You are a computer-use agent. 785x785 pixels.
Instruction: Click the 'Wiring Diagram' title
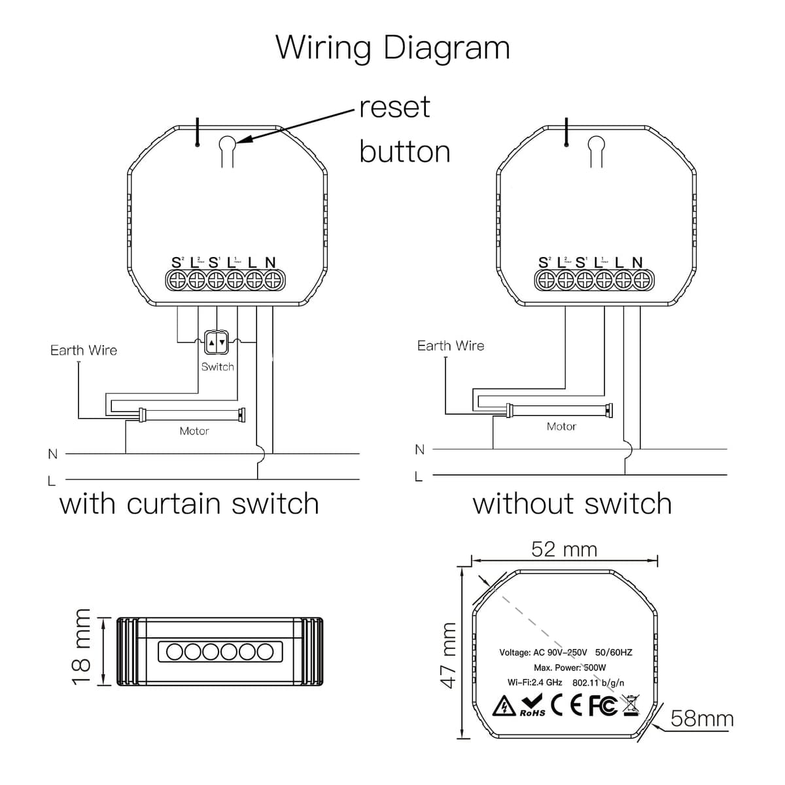(392, 47)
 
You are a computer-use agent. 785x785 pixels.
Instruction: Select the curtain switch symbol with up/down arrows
(217, 341)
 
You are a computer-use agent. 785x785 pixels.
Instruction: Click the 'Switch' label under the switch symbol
(217, 367)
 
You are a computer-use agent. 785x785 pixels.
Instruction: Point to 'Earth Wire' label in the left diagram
(84, 351)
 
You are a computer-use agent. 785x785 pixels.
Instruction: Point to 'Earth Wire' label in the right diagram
(451, 346)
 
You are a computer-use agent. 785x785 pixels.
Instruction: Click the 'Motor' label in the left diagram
(194, 431)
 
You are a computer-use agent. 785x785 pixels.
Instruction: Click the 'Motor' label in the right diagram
(561, 427)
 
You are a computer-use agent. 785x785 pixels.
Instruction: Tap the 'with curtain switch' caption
(189, 504)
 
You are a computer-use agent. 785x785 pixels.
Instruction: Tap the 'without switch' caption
(572, 504)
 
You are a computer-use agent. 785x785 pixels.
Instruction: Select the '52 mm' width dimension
(564, 549)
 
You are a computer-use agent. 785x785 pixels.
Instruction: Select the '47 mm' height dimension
(448, 655)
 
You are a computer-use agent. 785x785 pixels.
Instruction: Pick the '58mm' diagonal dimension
(702, 719)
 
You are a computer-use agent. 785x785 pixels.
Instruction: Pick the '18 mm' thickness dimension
(82, 646)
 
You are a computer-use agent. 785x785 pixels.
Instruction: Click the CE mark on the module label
(566, 706)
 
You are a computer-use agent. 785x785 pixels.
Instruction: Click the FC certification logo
(602, 706)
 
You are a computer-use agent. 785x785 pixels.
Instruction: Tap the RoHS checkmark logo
(532, 706)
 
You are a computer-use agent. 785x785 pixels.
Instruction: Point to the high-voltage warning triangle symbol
(504, 706)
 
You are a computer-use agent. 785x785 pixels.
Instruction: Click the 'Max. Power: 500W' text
(570, 668)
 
